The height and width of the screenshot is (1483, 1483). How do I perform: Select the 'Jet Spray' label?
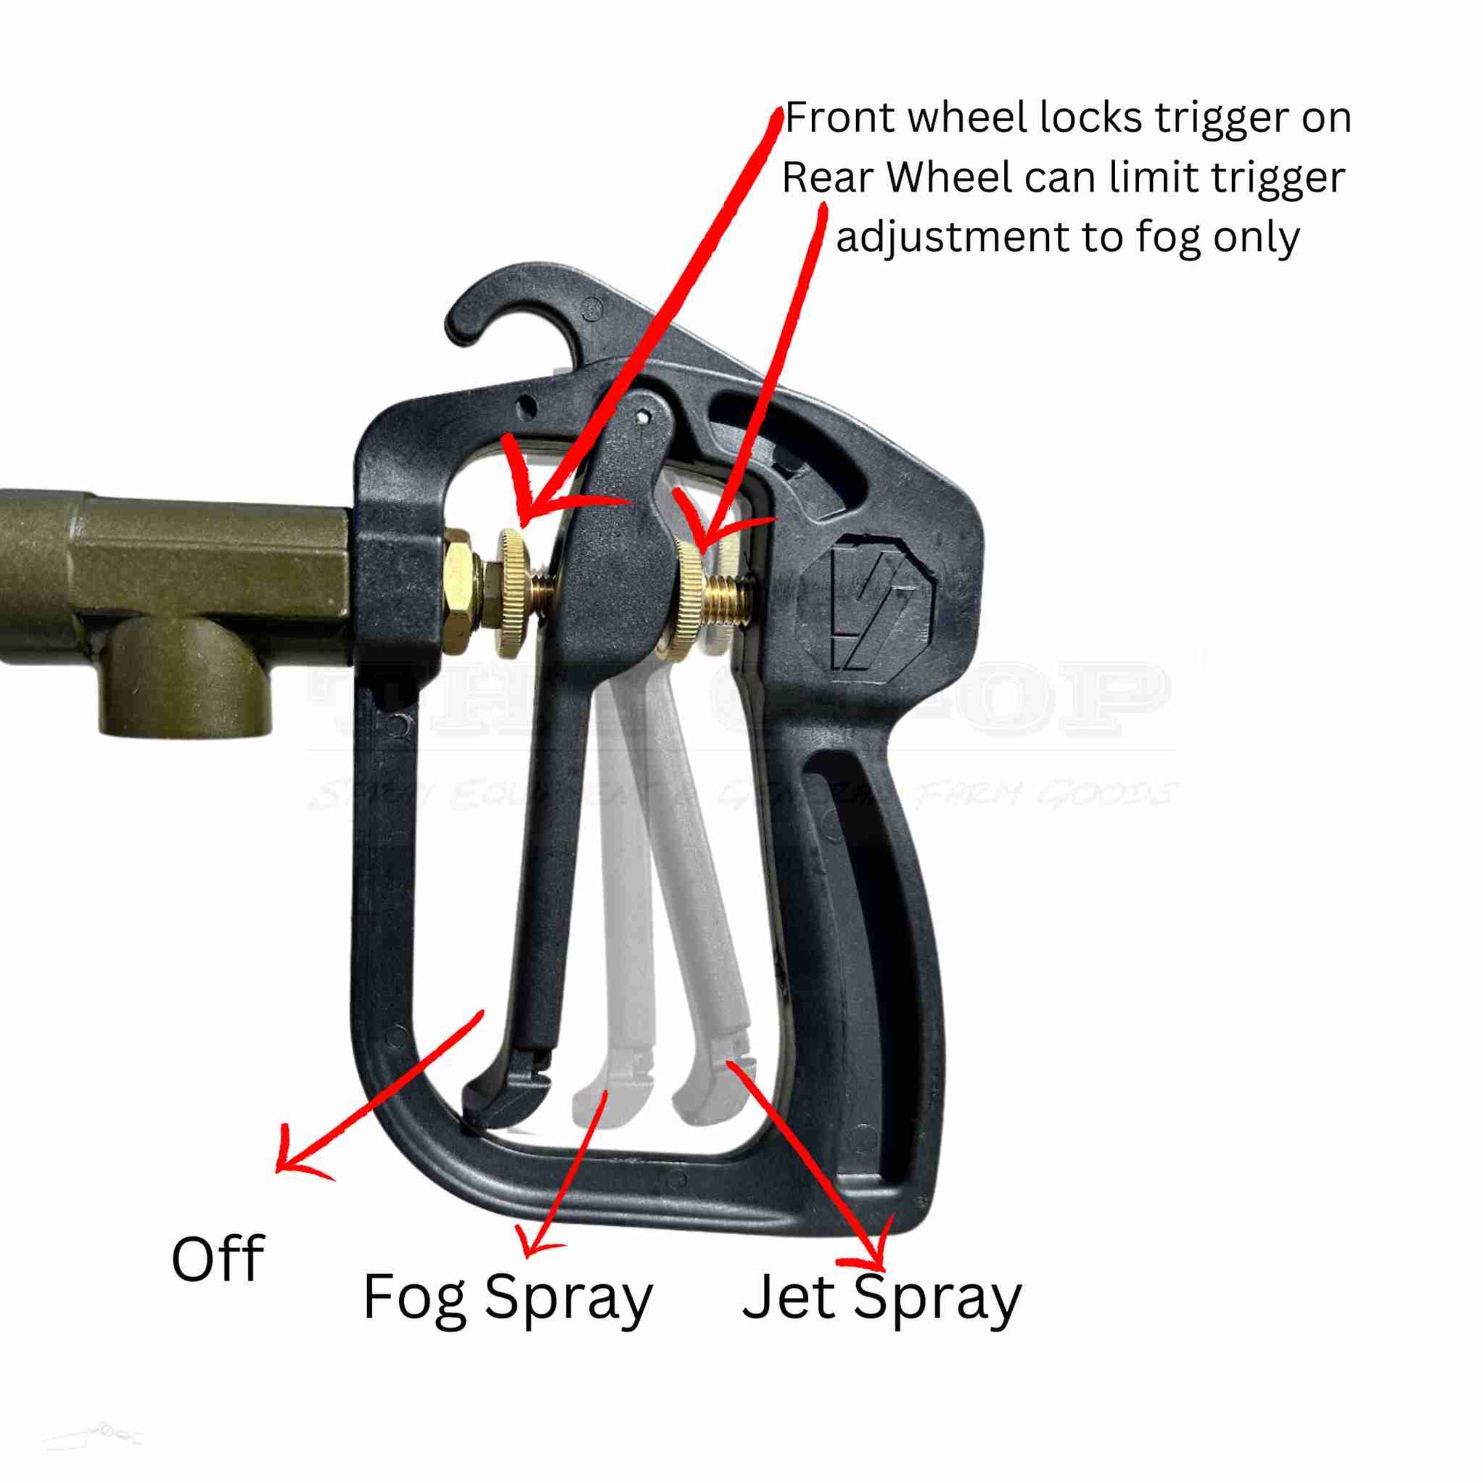pos(882,1297)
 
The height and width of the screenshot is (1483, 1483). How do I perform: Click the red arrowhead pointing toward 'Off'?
pos(295,1165)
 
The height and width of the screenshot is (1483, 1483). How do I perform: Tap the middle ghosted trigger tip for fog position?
pos(610,1099)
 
